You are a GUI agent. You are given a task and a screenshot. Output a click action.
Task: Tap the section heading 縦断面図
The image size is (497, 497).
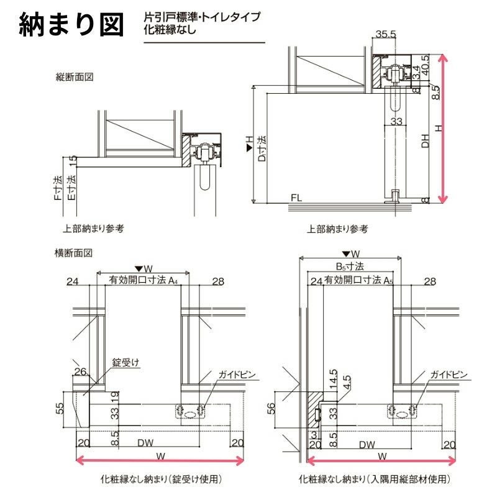coord(74,78)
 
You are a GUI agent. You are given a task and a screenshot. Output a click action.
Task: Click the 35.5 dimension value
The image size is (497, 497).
coord(385,34)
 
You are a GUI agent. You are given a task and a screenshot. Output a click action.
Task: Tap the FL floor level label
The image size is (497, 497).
coord(296,198)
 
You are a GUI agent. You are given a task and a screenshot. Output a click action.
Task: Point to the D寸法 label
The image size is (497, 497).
coord(262,149)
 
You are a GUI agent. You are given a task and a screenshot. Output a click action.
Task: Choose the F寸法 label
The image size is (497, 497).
coord(57,189)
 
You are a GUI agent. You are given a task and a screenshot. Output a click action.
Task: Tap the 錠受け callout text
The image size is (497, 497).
coord(124,361)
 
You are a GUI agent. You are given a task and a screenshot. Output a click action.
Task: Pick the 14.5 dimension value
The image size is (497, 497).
coord(333,376)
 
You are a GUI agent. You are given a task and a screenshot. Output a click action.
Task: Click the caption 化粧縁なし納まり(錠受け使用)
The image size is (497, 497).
coord(160,480)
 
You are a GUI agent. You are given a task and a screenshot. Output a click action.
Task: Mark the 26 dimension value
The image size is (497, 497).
coord(79,372)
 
